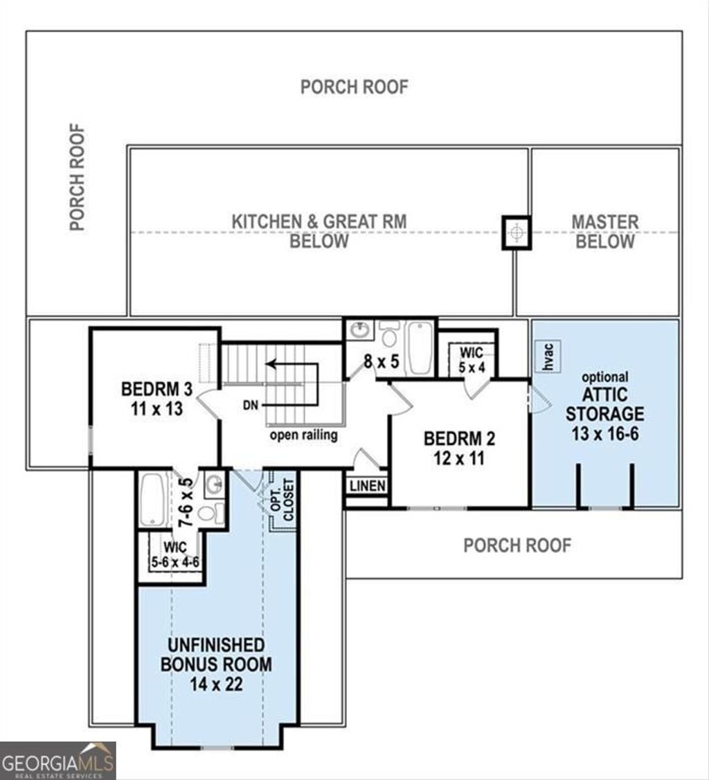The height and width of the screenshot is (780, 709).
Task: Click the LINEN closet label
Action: tap(367, 487)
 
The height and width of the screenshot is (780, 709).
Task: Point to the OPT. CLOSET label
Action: tap(282, 500)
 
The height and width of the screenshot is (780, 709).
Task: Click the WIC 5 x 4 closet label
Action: tap(472, 360)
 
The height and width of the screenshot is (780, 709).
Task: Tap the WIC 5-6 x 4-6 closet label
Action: tap(175, 554)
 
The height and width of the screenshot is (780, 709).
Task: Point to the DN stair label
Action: tap(250, 405)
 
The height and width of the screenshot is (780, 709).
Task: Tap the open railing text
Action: tap(303, 435)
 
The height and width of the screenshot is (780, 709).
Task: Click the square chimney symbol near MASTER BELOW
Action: tap(516, 233)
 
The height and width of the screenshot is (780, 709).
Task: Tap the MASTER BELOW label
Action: tap(604, 232)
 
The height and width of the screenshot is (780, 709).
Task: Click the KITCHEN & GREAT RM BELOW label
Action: tap(318, 231)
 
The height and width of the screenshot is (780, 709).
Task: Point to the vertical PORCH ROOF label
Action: tap(78, 177)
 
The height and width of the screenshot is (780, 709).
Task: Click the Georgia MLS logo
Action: tap(57, 761)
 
